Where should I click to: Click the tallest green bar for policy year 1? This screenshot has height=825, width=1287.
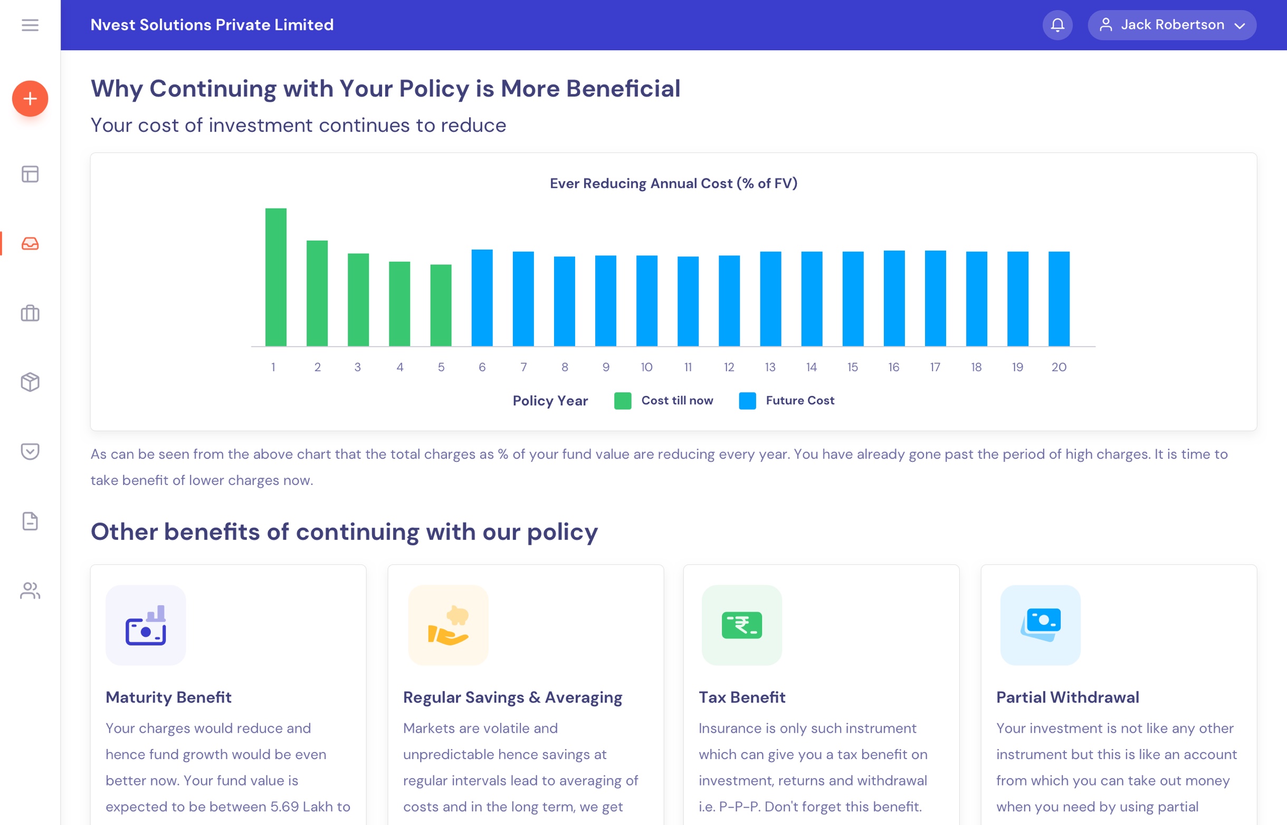point(276,277)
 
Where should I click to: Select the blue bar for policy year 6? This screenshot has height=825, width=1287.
point(482,298)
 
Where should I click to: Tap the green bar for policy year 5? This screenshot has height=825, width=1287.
point(441,306)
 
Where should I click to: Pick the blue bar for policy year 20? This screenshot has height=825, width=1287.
point(1059,299)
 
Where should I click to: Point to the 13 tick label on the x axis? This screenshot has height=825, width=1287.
point(770,367)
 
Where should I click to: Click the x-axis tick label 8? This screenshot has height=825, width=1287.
point(565,367)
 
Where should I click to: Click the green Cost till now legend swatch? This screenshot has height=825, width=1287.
point(622,401)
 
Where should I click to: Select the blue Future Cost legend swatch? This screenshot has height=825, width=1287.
point(747,401)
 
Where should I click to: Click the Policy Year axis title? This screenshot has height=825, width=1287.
point(550,401)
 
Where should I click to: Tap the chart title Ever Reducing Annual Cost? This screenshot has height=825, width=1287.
point(673,183)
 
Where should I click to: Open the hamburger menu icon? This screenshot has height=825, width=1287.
point(30,25)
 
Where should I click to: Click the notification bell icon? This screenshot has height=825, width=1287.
point(1057,25)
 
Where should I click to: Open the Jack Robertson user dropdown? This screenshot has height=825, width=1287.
point(1171,25)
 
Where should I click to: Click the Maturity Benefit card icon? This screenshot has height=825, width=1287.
point(146,625)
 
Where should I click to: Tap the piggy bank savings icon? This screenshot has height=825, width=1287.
point(449,625)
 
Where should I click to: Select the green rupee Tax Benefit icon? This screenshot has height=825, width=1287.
point(742,625)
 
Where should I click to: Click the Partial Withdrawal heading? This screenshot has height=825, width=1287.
point(1067,697)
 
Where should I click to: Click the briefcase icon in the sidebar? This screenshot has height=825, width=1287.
point(30,313)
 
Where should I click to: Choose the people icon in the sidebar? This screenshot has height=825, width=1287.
point(30,590)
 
